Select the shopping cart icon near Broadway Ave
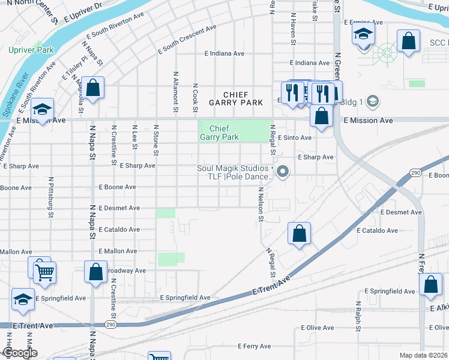(44, 272)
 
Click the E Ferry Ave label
(255, 346)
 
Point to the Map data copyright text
(423, 355)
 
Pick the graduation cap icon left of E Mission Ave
(42, 109)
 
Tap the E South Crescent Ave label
(187, 40)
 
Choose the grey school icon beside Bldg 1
(372, 101)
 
